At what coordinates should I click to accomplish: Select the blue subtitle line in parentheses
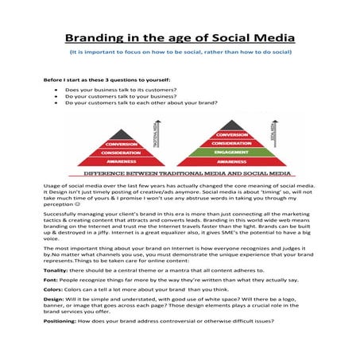pos(180,52)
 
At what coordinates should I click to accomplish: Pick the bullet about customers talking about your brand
pos(142,103)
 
